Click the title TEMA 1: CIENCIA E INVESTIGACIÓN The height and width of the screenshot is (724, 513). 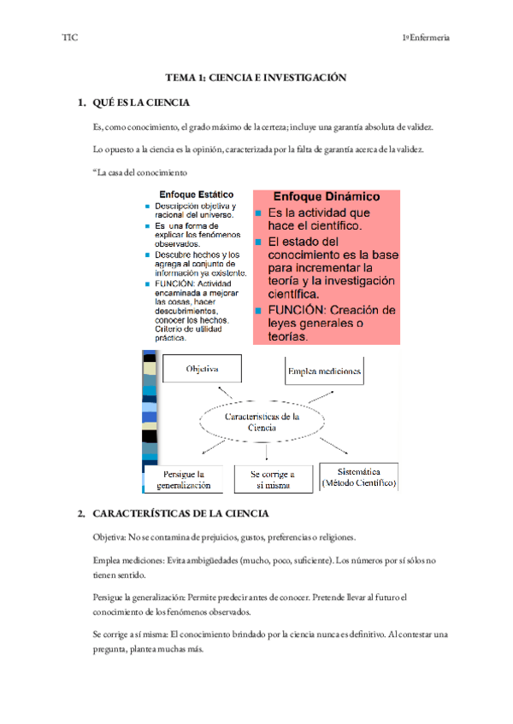point(256,77)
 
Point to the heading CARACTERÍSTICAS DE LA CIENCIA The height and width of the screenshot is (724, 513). point(180,514)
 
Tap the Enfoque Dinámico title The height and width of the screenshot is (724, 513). point(327,196)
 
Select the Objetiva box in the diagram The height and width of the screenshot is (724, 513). point(202,369)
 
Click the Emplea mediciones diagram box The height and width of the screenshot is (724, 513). point(324,371)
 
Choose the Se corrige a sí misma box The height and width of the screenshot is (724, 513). point(273,479)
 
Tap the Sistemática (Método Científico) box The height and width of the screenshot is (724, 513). point(358,477)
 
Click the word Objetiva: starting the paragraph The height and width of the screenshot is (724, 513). point(109,538)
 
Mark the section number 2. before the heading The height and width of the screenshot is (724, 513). point(80,514)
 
